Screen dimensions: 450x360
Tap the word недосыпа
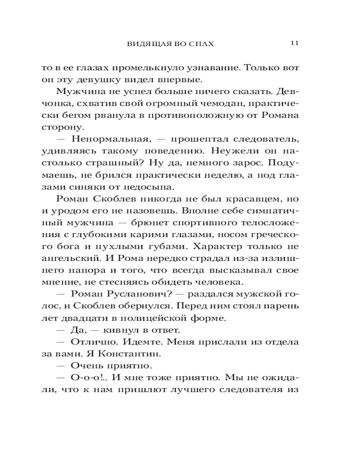(x=148, y=186)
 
